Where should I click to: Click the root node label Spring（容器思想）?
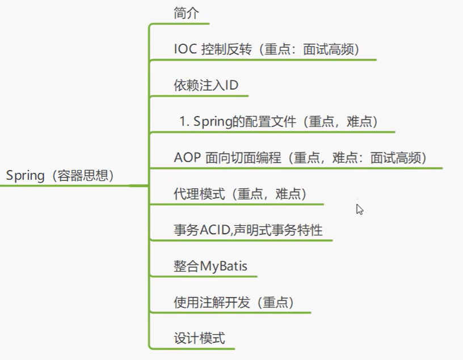tap(60, 176)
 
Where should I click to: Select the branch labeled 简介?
tap(186, 14)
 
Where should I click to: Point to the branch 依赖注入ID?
tap(205, 86)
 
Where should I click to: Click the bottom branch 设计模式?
tap(199, 339)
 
